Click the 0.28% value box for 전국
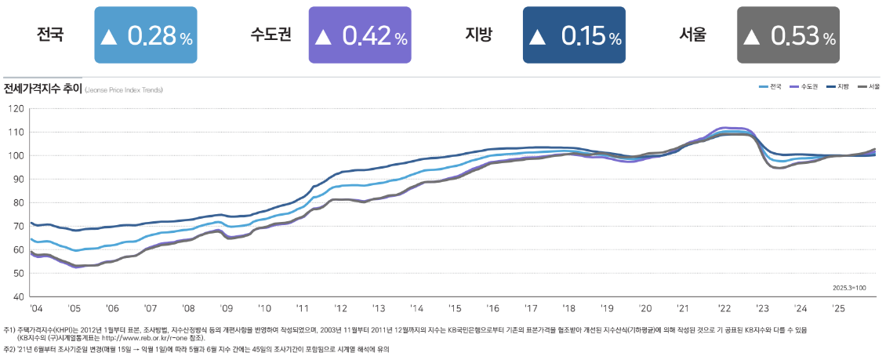[x=145, y=35]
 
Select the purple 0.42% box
[x=360, y=35]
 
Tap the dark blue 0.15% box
[x=574, y=35]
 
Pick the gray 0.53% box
[x=788, y=35]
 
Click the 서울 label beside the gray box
[x=693, y=35]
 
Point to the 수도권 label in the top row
[x=271, y=35]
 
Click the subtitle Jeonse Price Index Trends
[x=124, y=90]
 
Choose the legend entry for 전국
[x=770, y=86]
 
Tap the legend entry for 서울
[x=870, y=86]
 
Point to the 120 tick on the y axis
[x=16, y=108]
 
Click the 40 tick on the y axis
[x=18, y=296]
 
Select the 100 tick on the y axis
[x=16, y=155]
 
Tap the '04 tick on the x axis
[x=36, y=309]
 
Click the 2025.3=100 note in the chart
[x=850, y=288]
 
